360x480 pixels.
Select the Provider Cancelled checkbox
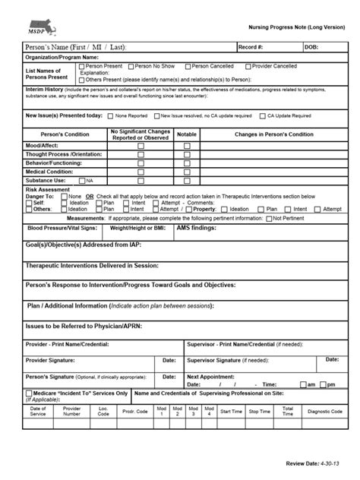coord(248,67)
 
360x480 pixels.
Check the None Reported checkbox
coord(111,116)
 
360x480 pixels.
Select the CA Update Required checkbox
coord(261,116)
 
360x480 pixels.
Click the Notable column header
coord(187,134)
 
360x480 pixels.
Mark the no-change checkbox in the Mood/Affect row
coord(140,145)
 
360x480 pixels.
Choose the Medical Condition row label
coord(49,172)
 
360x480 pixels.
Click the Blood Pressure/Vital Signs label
coord(60,227)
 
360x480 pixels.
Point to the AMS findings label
coord(198,227)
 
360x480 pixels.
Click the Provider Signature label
coord(52,359)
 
